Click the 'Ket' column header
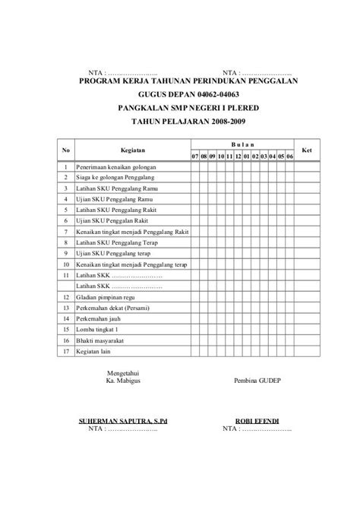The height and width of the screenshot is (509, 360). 308,150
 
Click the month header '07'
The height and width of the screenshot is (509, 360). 194,156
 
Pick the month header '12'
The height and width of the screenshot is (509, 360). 238,156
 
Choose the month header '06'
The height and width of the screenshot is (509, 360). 290,156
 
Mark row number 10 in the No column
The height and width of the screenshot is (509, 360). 66,264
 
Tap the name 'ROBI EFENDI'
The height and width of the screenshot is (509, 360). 256,419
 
